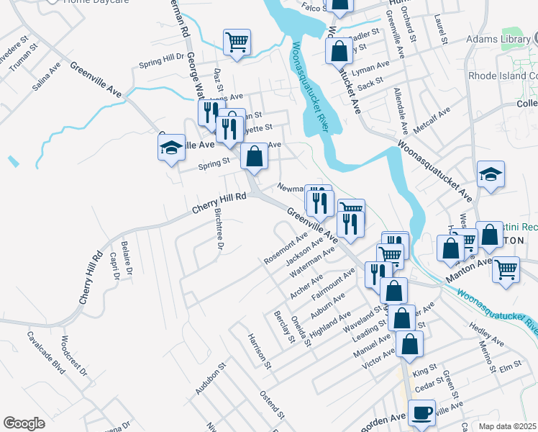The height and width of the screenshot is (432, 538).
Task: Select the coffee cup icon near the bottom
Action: [421, 412]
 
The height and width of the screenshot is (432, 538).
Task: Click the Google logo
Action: [24, 423]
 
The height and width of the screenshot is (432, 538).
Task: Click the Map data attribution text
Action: [508, 426]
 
